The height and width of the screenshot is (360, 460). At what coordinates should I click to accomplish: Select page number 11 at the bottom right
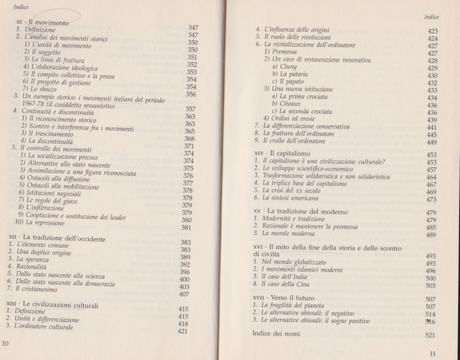433,353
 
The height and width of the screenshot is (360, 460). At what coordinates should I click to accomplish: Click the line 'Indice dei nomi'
278,333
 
